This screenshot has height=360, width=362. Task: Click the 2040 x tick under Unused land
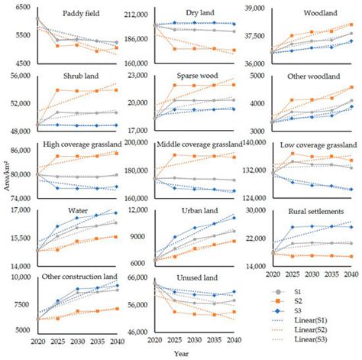234,339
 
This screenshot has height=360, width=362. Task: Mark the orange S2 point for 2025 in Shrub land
57,90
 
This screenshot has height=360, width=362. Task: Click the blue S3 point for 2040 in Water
116,212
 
